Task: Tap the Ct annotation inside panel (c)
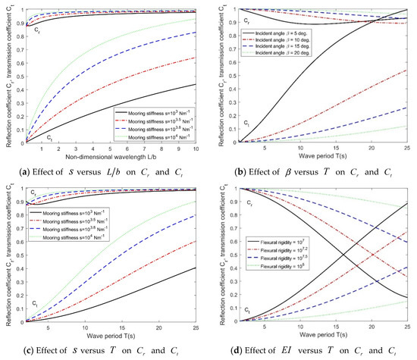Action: [30, 303]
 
